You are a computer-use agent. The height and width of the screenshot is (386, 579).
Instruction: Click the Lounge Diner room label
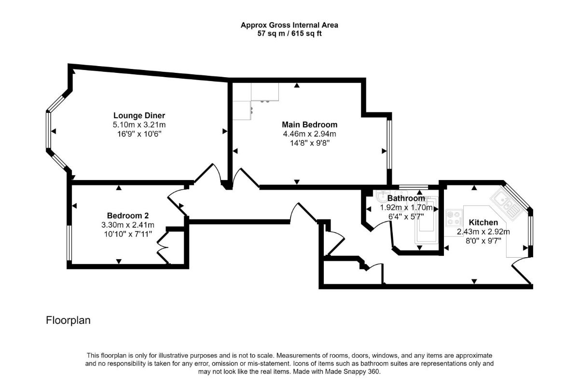(139, 116)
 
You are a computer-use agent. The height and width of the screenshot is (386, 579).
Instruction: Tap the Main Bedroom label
(309, 124)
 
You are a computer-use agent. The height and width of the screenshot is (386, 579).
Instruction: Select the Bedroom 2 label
(128, 216)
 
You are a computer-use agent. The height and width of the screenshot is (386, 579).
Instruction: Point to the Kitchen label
(483, 222)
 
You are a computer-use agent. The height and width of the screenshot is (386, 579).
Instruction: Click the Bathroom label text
(406, 198)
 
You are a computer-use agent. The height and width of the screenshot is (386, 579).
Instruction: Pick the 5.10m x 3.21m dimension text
(139, 125)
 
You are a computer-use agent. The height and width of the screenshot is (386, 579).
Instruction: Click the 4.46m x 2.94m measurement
(309, 134)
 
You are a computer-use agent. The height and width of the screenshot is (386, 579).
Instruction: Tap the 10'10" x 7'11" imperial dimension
(128, 234)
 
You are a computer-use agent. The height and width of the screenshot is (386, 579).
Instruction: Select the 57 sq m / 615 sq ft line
(289, 34)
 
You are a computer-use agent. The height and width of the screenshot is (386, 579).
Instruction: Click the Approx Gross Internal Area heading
(289, 25)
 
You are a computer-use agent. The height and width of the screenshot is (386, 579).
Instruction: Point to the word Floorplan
(68, 320)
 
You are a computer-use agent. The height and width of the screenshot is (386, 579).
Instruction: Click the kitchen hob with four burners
(454, 218)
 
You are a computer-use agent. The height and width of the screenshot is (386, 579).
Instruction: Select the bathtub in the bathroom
(427, 221)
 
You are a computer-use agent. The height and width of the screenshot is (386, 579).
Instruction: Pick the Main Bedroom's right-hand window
(389, 144)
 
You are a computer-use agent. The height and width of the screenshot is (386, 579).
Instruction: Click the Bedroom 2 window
(69, 243)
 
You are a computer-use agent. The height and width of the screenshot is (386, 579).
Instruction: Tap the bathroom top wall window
(414, 187)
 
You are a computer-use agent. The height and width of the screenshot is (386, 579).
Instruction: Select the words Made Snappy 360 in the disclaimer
(352, 372)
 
